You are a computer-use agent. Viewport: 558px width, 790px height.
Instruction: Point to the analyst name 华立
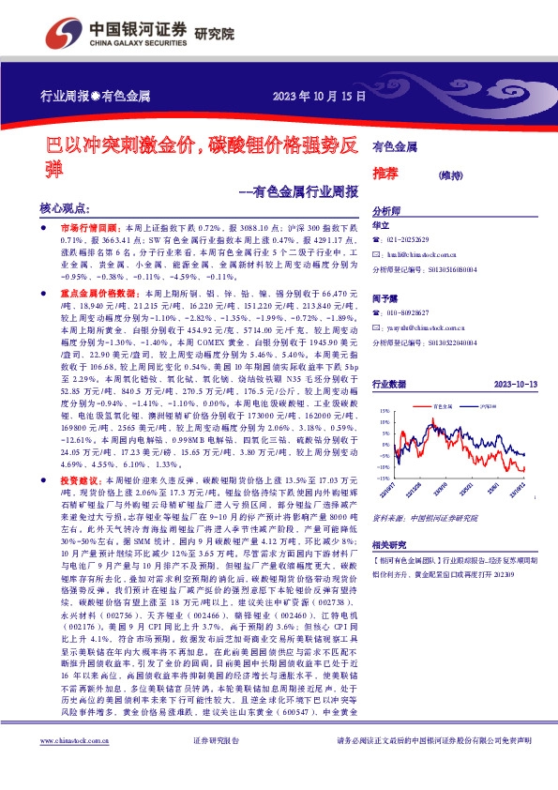pyautogui.click(x=380, y=226)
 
